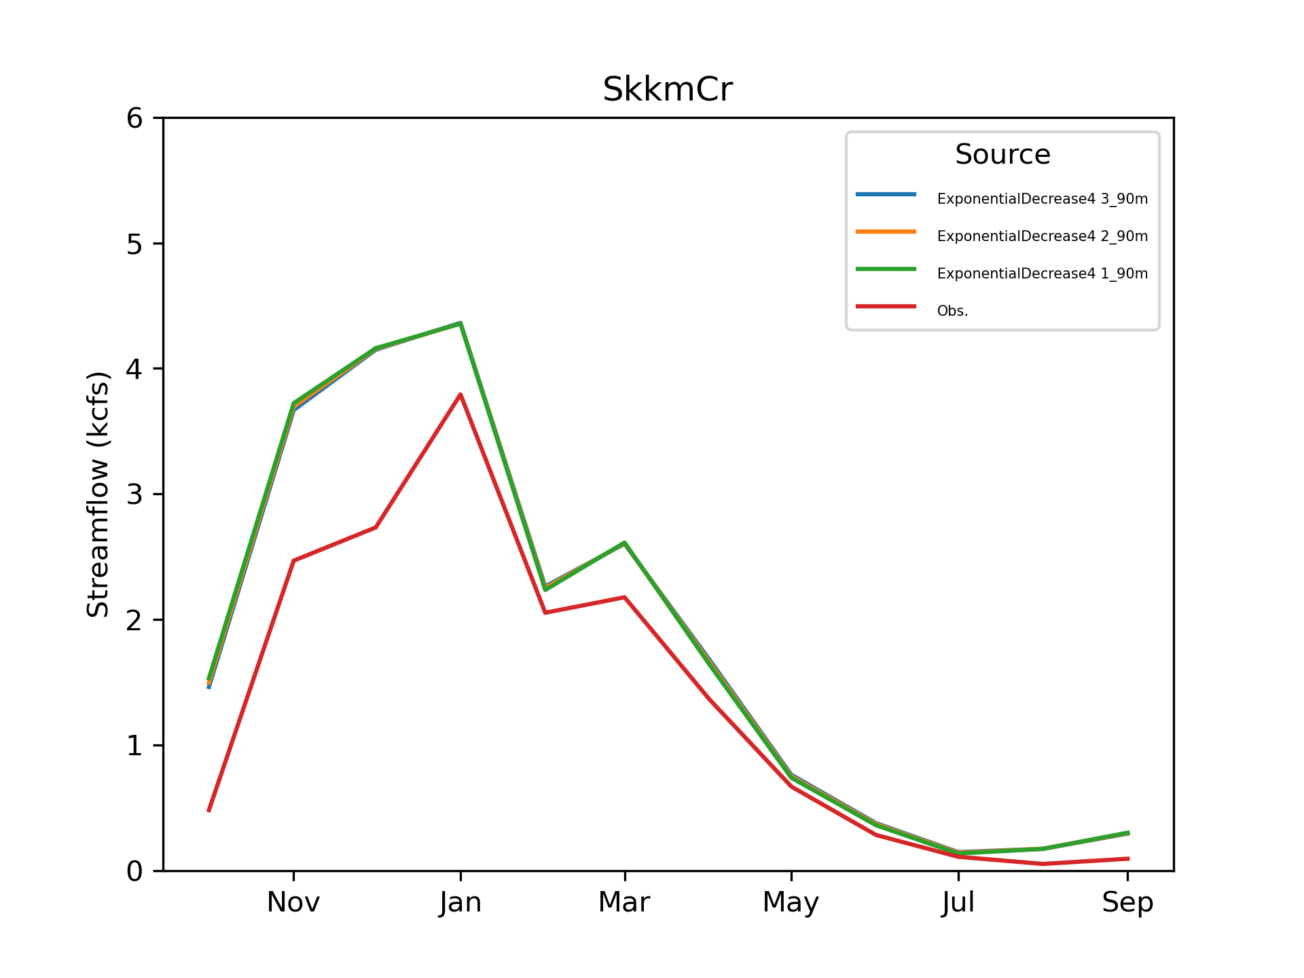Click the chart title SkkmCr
[x=668, y=90]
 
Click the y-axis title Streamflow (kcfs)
[x=98, y=494]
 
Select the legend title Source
[x=1002, y=155]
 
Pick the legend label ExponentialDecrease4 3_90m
[x=1042, y=199]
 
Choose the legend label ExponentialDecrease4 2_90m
[x=1042, y=236]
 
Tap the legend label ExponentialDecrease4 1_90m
[x=1042, y=274]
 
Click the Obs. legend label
[x=952, y=311]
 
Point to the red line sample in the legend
[x=886, y=306]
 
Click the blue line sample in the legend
[x=886, y=195]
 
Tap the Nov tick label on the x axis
[x=293, y=903]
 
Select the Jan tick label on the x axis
[x=460, y=903]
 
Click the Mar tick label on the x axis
[x=624, y=903]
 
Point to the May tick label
[x=791, y=903]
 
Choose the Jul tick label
[x=958, y=903]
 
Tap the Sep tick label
[x=1127, y=903]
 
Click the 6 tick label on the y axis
[x=134, y=119]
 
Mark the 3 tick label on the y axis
[x=134, y=494]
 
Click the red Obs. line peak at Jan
[x=460, y=395]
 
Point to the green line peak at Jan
[x=460, y=323]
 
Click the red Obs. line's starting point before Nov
[x=209, y=810]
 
